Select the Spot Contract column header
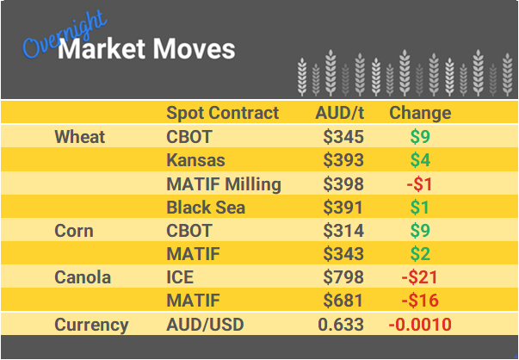[x=222, y=113]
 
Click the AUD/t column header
[x=342, y=113]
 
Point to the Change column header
[x=420, y=113]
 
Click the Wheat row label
[x=79, y=137]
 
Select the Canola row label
[x=83, y=277]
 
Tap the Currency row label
[x=91, y=325]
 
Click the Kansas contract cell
[x=195, y=160]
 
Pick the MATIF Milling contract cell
[x=223, y=183]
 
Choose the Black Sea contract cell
[x=206, y=208]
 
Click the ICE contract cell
[x=180, y=277]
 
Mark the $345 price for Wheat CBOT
[x=343, y=137]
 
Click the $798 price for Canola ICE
[x=343, y=277]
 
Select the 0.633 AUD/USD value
[x=341, y=325]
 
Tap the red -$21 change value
[x=420, y=277]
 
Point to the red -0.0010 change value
[x=420, y=325]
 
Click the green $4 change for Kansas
[x=420, y=160]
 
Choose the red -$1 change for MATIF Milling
[x=420, y=183]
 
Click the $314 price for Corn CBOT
[x=343, y=231]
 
